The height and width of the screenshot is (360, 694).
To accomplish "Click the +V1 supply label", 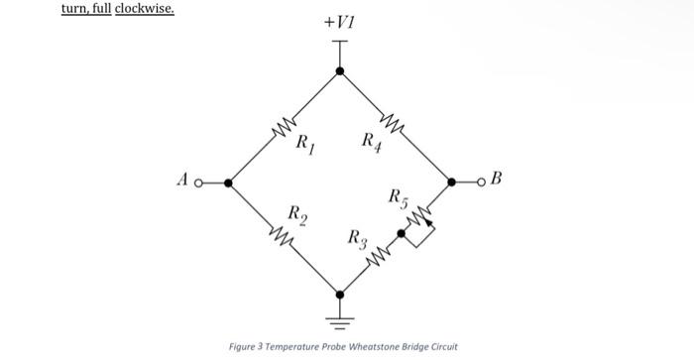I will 339,22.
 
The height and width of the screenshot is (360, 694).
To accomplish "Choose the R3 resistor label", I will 358,239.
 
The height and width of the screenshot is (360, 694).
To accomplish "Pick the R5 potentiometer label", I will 397,196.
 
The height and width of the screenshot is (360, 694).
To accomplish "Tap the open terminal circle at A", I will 197,182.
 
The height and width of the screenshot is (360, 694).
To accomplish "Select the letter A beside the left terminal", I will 182,181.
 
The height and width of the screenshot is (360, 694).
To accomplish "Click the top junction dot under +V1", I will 340,71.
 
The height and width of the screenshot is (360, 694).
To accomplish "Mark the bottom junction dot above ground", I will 340,294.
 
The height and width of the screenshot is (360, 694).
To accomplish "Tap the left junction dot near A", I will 229,182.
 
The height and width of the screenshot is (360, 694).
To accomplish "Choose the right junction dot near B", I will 452,182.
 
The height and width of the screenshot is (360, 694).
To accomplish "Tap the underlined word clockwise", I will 145,8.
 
